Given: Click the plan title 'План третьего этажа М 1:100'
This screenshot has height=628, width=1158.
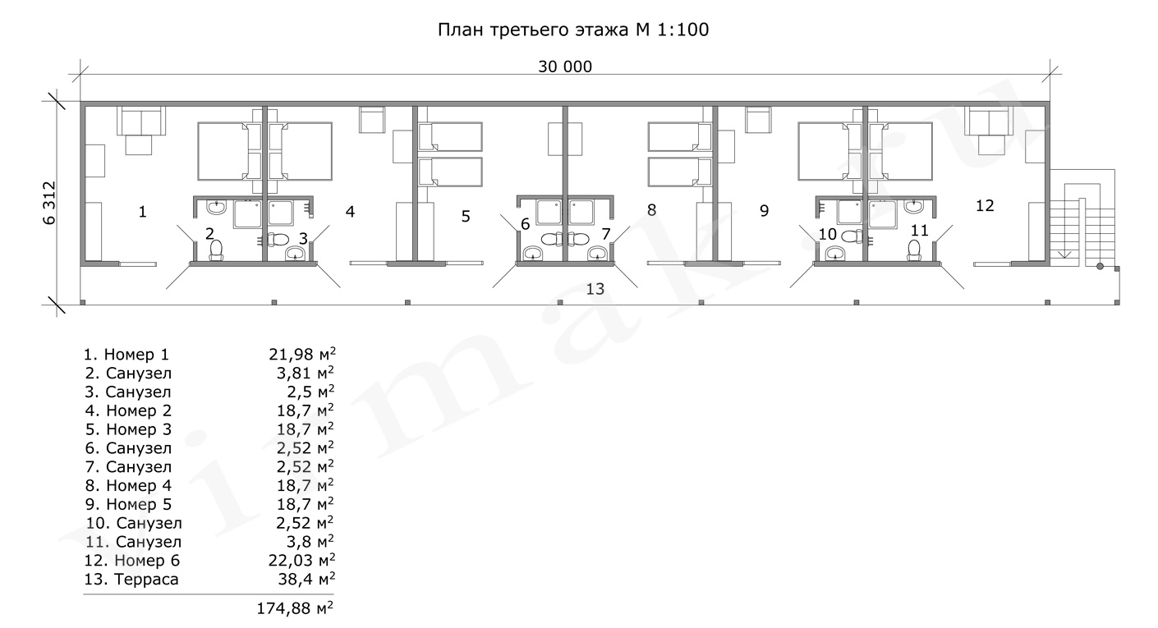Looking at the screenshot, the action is click(x=573, y=30).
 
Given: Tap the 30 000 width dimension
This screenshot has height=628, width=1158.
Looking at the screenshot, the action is click(x=565, y=66).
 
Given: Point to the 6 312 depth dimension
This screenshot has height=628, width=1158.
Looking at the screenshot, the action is click(x=49, y=203).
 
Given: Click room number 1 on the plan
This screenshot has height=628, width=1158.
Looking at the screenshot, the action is click(x=143, y=212).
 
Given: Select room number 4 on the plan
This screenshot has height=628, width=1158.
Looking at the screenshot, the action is click(x=350, y=212).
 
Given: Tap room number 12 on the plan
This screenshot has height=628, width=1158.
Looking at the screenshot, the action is click(x=984, y=206).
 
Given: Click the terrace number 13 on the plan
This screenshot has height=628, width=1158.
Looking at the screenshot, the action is click(x=595, y=289).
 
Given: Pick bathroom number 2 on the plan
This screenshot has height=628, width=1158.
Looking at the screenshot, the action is click(x=209, y=234).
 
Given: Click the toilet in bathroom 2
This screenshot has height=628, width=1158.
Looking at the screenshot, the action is click(x=215, y=250).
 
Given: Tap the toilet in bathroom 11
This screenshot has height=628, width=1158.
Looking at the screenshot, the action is click(x=914, y=250).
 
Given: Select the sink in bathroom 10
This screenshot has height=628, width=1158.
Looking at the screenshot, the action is click(x=834, y=254).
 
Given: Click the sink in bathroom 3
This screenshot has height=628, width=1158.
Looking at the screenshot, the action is click(x=295, y=254).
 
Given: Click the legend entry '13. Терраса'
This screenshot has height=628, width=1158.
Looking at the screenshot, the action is click(x=131, y=580).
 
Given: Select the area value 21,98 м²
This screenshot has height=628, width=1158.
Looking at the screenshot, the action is click(x=302, y=354).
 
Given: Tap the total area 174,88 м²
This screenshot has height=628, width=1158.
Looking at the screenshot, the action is click(x=295, y=608).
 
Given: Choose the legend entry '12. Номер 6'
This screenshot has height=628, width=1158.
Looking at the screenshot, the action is click(x=132, y=561).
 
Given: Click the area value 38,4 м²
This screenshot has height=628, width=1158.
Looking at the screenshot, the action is click(x=306, y=580).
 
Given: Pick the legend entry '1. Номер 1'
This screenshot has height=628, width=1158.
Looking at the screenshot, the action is click(x=126, y=355).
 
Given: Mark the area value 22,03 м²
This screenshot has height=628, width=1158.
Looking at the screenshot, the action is click(x=302, y=561).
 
